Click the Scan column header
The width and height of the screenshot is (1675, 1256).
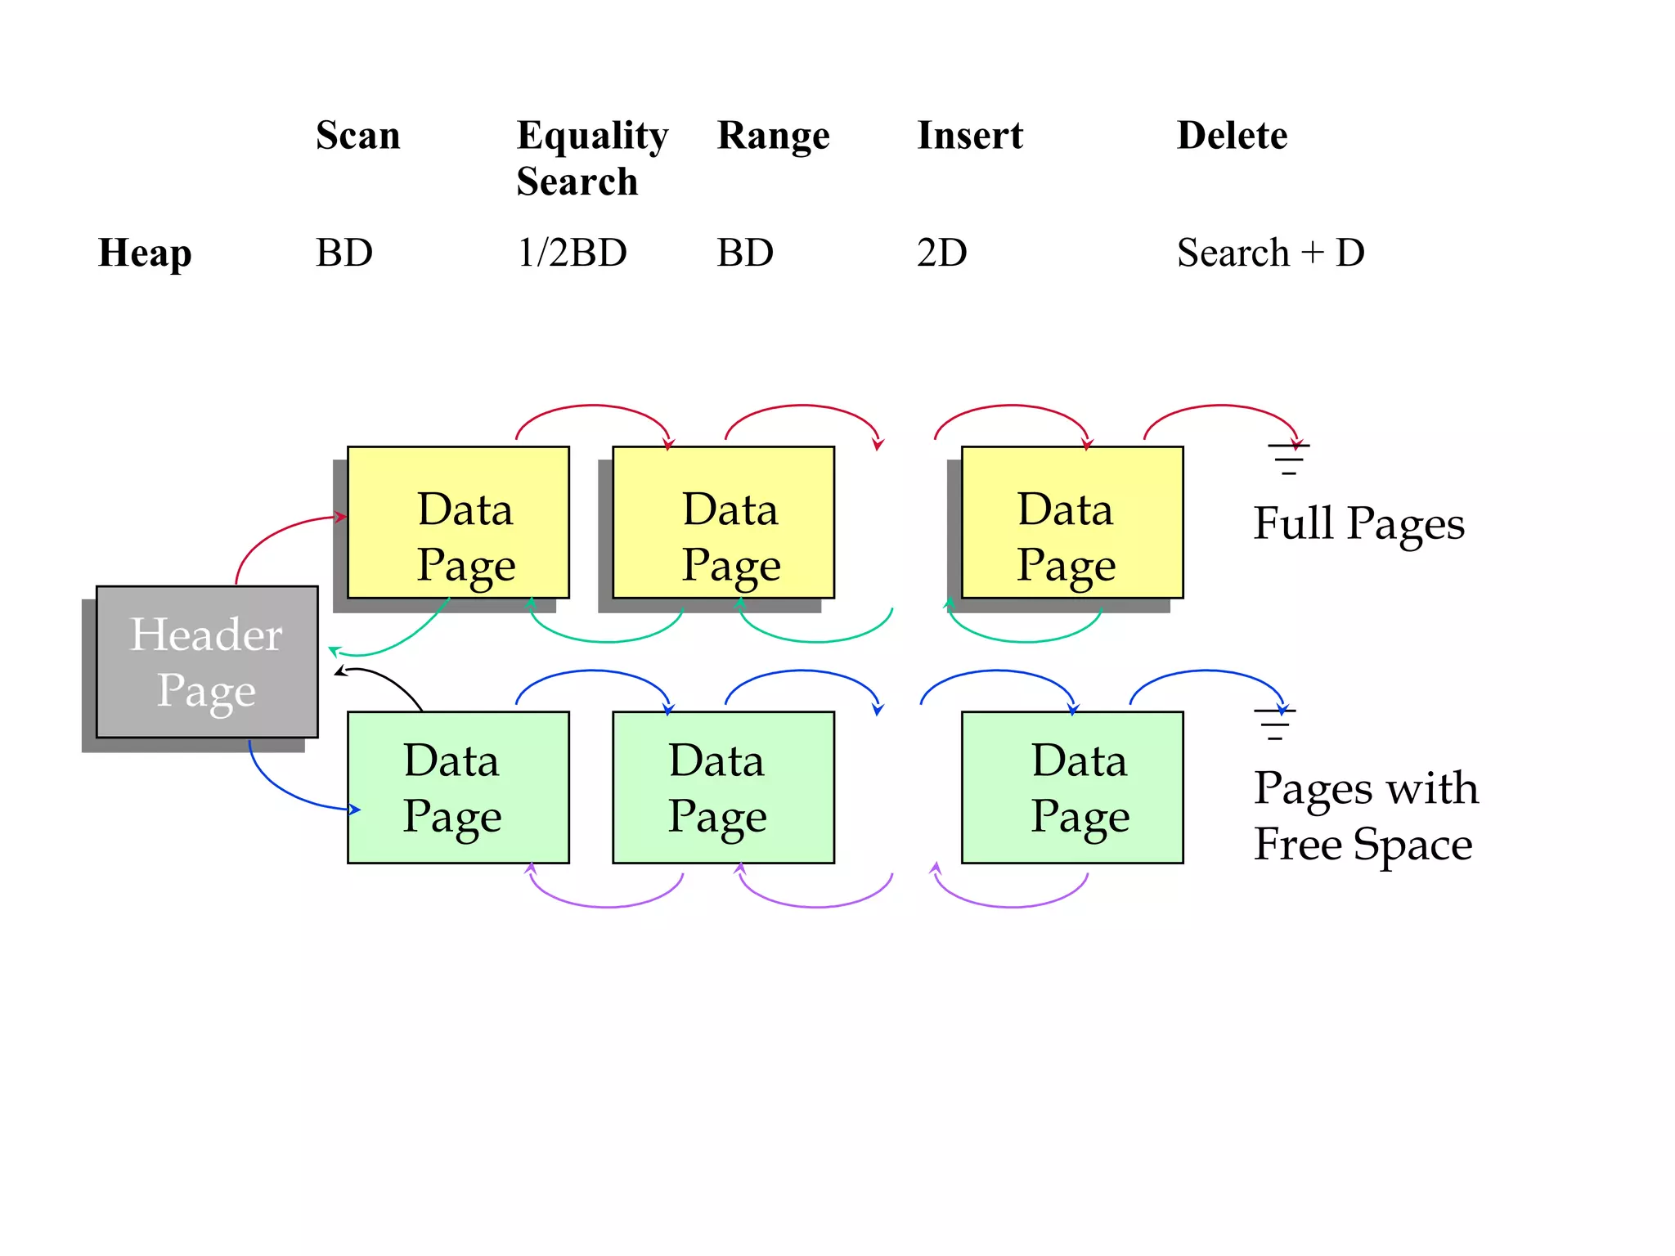pyautogui.click(x=358, y=135)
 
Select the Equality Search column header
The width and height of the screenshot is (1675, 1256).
pyautogui.click(x=592, y=158)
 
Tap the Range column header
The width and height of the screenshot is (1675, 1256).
pyautogui.click(x=773, y=135)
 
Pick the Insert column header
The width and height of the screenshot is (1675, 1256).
pyautogui.click(x=970, y=135)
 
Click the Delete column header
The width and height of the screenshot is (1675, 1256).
pyautogui.click(x=1232, y=135)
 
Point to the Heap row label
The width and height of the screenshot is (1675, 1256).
pyautogui.click(x=145, y=253)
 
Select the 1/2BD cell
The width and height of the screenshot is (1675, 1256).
pyautogui.click(x=572, y=253)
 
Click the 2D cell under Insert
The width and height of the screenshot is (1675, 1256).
pyautogui.click(x=941, y=253)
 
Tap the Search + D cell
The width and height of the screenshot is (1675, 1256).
pyautogui.click(x=1270, y=253)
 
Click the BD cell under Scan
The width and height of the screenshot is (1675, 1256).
pyautogui.click(x=344, y=253)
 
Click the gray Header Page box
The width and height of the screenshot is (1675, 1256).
pyautogui.click(x=207, y=662)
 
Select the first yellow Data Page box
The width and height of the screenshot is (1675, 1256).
pyautogui.click(x=458, y=523)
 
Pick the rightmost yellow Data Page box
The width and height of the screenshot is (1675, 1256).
pyautogui.click(x=1072, y=523)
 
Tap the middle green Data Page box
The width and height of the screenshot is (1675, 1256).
pyautogui.click(x=723, y=787)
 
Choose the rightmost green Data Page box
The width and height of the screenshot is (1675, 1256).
pyautogui.click(x=1072, y=787)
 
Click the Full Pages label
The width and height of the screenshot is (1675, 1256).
pyautogui.click(x=1358, y=523)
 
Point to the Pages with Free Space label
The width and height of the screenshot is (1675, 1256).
pyautogui.click(x=1366, y=816)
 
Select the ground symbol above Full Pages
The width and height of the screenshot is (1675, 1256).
pyautogui.click(x=1289, y=459)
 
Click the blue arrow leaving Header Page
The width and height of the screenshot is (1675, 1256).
pyautogui.click(x=286, y=789)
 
